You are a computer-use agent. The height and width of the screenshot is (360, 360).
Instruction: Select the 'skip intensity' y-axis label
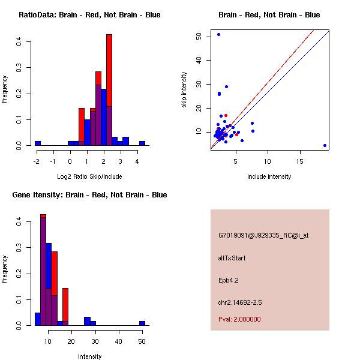click(x=184, y=90)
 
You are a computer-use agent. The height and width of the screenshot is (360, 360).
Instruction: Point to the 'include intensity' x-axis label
click(x=269, y=176)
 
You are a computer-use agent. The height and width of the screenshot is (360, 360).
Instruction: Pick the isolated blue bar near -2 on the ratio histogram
click(x=37, y=143)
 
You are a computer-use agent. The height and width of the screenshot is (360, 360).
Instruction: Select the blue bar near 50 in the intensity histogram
click(x=142, y=323)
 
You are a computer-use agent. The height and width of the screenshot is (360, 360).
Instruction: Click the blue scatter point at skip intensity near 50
click(x=218, y=35)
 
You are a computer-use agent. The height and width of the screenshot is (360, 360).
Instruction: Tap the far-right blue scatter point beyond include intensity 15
click(x=325, y=145)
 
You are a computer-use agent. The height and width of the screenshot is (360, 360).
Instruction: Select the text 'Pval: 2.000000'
click(x=239, y=319)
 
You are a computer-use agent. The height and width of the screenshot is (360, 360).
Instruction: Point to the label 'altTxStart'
click(x=232, y=258)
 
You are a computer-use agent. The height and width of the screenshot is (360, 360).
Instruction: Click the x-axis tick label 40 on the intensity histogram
click(x=118, y=341)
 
